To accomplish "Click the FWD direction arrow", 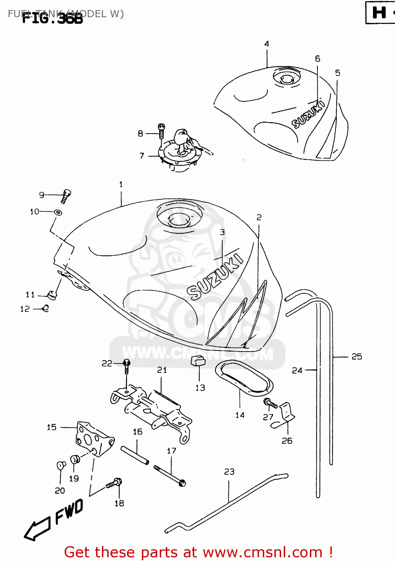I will (x=37, y=528).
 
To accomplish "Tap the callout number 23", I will (x=229, y=472).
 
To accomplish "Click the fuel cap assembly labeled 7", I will (x=181, y=151).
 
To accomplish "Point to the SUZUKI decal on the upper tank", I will (x=308, y=114).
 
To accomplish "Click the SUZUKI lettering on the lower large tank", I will (x=215, y=277).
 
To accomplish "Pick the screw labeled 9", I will (x=66, y=196).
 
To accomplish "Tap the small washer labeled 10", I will (x=58, y=212).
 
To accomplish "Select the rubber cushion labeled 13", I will (x=198, y=361).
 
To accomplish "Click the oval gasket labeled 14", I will (x=244, y=378).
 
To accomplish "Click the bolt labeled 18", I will (x=114, y=483).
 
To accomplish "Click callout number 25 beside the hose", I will (x=357, y=356).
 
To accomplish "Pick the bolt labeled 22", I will (x=127, y=367).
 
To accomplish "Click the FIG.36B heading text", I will (x=52, y=18).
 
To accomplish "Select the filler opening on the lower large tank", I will (x=179, y=218).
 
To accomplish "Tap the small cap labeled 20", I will (x=61, y=465).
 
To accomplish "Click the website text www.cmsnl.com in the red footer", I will (x=262, y=552).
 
